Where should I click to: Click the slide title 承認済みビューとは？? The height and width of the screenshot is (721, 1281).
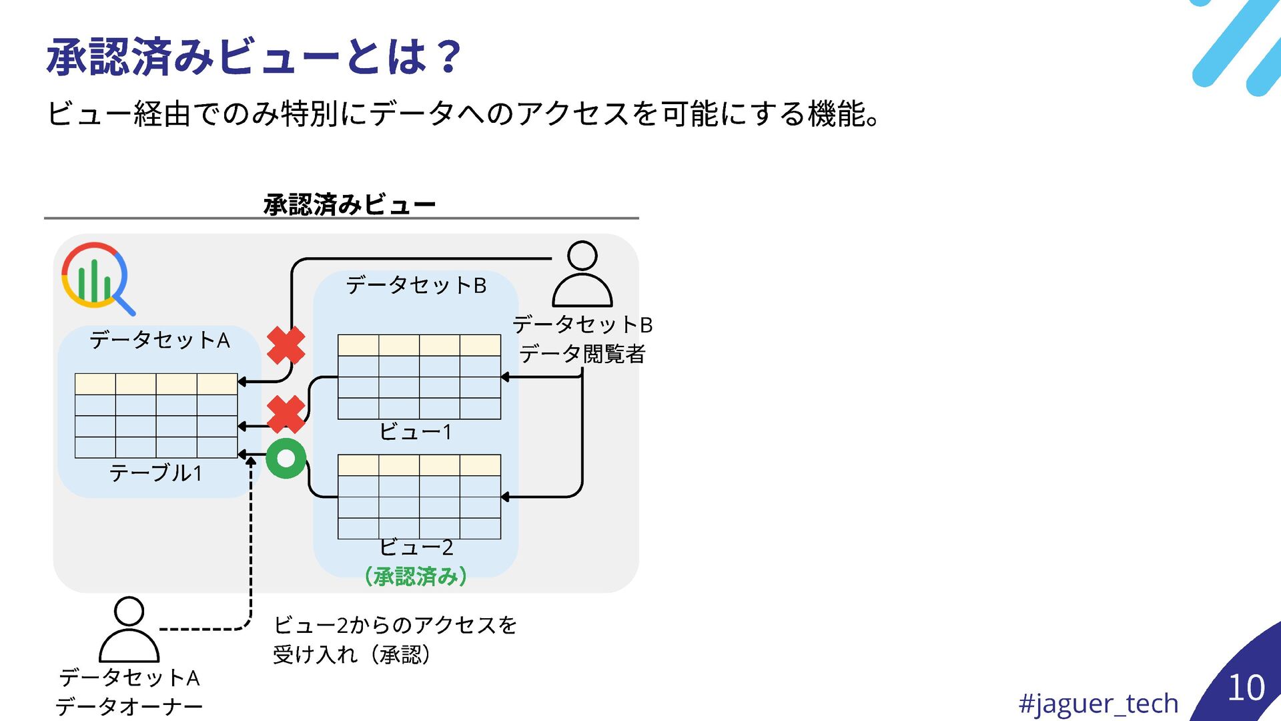click(254, 57)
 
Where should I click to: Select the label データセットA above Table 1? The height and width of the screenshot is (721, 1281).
click(159, 340)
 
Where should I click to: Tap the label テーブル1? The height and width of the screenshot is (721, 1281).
click(155, 473)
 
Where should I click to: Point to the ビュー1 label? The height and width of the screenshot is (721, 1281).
click(416, 432)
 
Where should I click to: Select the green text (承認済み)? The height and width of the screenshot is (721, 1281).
click(416, 576)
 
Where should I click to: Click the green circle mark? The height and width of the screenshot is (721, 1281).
click(286, 459)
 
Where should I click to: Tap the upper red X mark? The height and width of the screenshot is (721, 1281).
click(286, 345)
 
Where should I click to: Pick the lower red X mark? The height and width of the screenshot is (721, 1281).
click(286, 415)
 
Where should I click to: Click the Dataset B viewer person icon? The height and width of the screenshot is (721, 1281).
click(582, 274)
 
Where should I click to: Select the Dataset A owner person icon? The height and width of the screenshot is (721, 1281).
click(129, 629)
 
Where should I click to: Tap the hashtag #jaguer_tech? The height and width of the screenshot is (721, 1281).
click(1098, 703)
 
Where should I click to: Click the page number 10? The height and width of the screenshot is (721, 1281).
click(1246, 688)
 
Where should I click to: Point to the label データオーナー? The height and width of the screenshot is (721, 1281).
click(129, 706)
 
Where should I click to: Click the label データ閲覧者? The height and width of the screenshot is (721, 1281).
click(582, 354)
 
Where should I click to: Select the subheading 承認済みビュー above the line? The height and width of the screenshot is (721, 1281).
click(349, 204)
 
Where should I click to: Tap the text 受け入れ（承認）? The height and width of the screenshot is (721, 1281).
click(352, 654)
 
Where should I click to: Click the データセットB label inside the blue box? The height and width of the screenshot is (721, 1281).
click(416, 286)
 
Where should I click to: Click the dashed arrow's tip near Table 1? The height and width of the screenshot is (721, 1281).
click(251, 461)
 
